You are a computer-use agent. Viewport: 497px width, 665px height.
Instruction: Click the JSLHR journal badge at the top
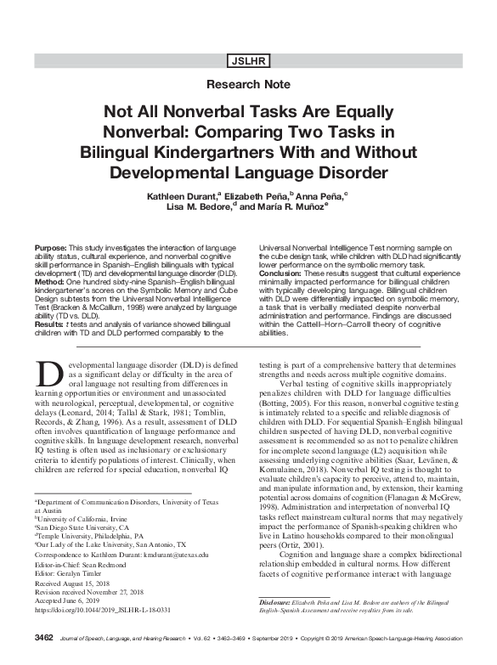coord(247,60)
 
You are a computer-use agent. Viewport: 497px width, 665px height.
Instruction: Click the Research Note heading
coord(248,86)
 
